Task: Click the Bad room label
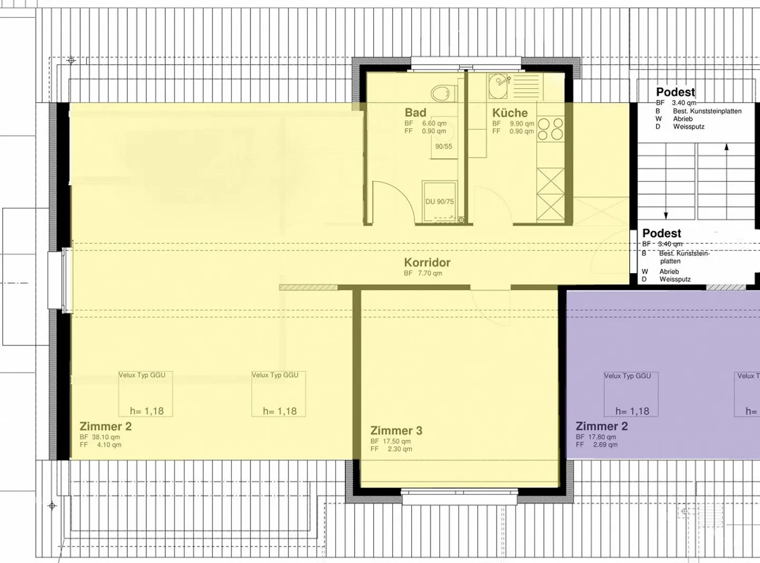point(415,112)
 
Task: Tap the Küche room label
point(510,113)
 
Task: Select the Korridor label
point(427,262)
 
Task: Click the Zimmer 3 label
point(396,431)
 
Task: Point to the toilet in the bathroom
point(441,94)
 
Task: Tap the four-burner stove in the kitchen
point(550,129)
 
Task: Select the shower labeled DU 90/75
point(439,202)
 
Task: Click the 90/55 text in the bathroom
point(443,146)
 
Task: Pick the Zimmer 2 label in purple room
point(602,426)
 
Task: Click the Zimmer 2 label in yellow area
point(106,426)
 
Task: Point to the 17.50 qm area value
point(398,441)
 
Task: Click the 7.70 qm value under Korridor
point(430,273)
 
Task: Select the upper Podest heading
point(676,92)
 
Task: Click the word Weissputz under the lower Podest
point(675,279)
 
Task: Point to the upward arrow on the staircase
point(727,148)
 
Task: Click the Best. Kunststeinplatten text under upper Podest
point(707,111)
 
